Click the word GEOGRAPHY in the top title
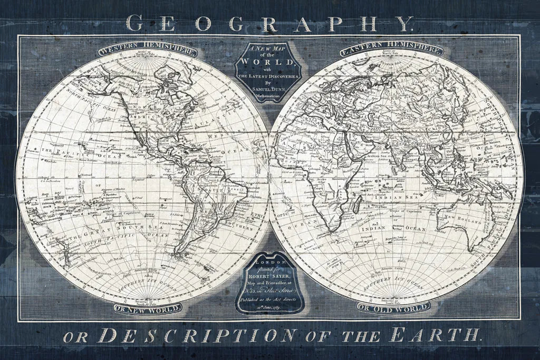click(x=269, y=23)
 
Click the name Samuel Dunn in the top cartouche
click(x=269, y=90)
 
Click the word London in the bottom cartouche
click(x=269, y=261)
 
